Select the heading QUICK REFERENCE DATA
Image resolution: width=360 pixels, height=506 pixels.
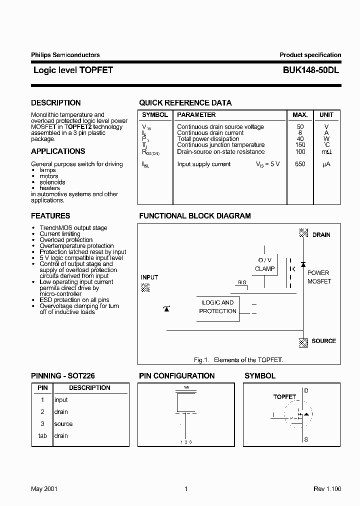[185, 103]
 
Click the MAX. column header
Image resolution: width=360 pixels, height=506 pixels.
[300, 115]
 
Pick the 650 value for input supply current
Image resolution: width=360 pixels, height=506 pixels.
[300, 164]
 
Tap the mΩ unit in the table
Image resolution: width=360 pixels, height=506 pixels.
[326, 152]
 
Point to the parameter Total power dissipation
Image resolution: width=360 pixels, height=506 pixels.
[208, 139]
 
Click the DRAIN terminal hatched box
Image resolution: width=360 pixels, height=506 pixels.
[303, 233]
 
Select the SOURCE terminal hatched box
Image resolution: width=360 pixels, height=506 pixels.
[303, 342]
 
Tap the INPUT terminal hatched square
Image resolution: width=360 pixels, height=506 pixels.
[145, 287]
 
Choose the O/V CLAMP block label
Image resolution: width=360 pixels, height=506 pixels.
[264, 264]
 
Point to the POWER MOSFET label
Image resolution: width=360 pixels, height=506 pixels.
[319, 277]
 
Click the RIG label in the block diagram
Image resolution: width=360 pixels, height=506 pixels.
[242, 282]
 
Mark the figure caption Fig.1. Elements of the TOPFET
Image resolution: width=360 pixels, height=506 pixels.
[238, 360]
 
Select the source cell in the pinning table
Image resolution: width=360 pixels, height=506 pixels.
[63, 424]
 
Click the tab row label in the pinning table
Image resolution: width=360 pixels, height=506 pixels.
[42, 436]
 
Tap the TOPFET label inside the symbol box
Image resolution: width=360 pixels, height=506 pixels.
[284, 397]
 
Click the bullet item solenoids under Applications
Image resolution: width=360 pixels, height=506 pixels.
[52, 182]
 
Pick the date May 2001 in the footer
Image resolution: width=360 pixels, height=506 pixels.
[44, 489]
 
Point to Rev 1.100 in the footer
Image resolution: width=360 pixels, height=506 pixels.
[327, 489]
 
